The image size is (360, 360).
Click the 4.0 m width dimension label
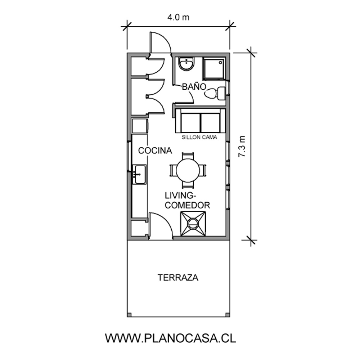[178, 17]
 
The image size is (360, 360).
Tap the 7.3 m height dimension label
[242, 146]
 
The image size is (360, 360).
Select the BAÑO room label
[194, 87]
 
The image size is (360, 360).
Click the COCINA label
[155, 150]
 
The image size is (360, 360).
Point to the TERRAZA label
[178, 278]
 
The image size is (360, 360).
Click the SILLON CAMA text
[199, 137]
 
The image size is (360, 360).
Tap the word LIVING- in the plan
[180, 195]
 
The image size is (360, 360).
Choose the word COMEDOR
[187, 205]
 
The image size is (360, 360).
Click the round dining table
[188, 170]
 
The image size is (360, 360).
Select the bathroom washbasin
[186, 64]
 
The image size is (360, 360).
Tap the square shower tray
[214, 68]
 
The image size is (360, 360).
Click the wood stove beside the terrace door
[193, 224]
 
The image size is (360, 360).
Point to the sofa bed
[200, 121]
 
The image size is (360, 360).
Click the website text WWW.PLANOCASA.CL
[171, 338]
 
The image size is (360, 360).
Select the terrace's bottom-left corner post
[129, 315]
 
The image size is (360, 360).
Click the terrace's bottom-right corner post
[228, 315]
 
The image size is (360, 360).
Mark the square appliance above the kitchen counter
[140, 126]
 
